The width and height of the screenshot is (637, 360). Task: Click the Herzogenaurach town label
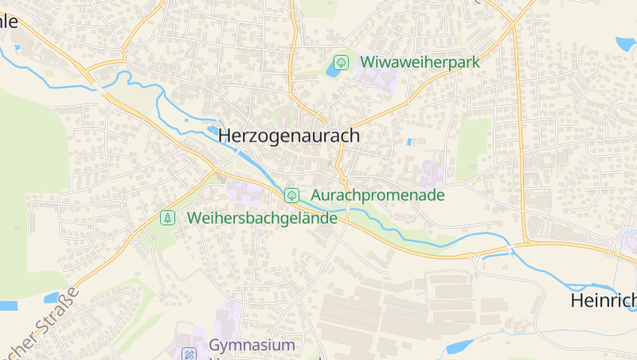point(288,136)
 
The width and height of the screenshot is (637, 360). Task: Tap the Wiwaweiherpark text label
point(420,61)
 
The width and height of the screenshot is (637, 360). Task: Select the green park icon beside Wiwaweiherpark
point(341,61)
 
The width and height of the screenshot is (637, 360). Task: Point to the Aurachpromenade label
point(377,194)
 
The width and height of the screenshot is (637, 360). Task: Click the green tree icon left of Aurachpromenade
point(292,194)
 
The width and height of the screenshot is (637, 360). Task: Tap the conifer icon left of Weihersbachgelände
point(167,217)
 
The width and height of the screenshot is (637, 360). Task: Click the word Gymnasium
point(252,346)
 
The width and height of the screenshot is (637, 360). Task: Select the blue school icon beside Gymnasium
point(190,354)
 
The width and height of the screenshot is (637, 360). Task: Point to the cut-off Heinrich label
point(604,301)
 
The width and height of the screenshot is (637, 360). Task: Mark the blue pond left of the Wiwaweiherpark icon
point(332,70)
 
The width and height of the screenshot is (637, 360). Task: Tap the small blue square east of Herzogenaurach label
point(409,142)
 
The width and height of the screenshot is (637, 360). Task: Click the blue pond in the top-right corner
point(624,43)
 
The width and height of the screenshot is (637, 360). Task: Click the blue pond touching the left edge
point(7,305)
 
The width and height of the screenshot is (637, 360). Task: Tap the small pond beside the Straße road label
point(53,298)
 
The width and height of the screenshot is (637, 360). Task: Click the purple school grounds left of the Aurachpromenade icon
point(244,190)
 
